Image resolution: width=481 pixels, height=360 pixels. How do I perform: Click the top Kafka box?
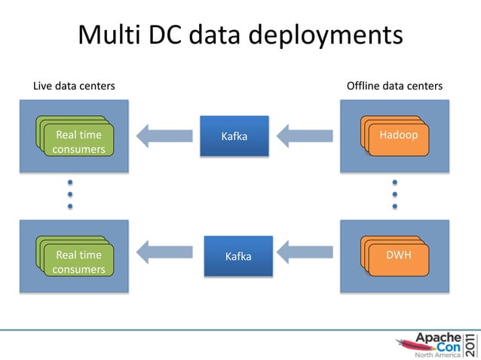pyautogui.click(x=234, y=136)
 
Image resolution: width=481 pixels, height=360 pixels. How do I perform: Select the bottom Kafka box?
pyautogui.click(x=238, y=256)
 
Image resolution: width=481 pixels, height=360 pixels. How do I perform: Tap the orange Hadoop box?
pyautogui.click(x=399, y=136)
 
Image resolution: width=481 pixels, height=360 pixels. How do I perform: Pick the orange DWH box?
pyautogui.click(x=399, y=256)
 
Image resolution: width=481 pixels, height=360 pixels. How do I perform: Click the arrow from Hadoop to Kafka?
pyautogui.click(x=305, y=136)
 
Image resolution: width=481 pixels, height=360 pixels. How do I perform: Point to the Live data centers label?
pyautogui.click(x=74, y=86)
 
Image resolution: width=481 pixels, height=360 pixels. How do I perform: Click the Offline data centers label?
pyautogui.click(x=394, y=86)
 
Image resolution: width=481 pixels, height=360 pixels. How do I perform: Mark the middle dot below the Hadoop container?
pyautogui.click(x=394, y=194)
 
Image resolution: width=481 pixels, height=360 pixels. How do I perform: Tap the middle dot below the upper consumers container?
pyautogui.click(x=69, y=194)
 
